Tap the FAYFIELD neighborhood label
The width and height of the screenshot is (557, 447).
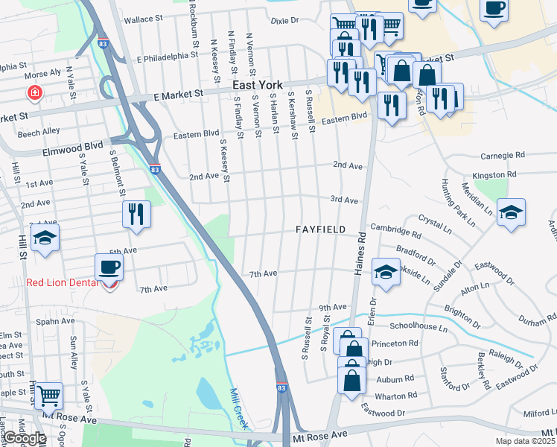click(320, 229)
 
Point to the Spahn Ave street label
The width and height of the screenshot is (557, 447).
click(57, 321)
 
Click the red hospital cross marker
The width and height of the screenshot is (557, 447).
click(34, 93)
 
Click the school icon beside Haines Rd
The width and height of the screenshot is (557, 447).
click(386, 271)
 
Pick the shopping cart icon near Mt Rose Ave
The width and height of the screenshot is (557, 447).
click(48, 395)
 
